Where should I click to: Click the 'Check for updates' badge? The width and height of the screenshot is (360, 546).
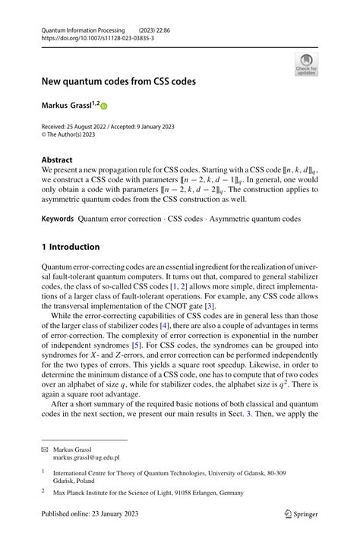306,65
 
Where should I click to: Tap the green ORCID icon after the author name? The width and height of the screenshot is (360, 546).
104,106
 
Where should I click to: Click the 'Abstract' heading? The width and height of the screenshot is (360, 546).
57,159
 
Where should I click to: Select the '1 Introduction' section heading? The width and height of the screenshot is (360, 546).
71,247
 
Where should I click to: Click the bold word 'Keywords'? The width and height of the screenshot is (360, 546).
58,219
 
